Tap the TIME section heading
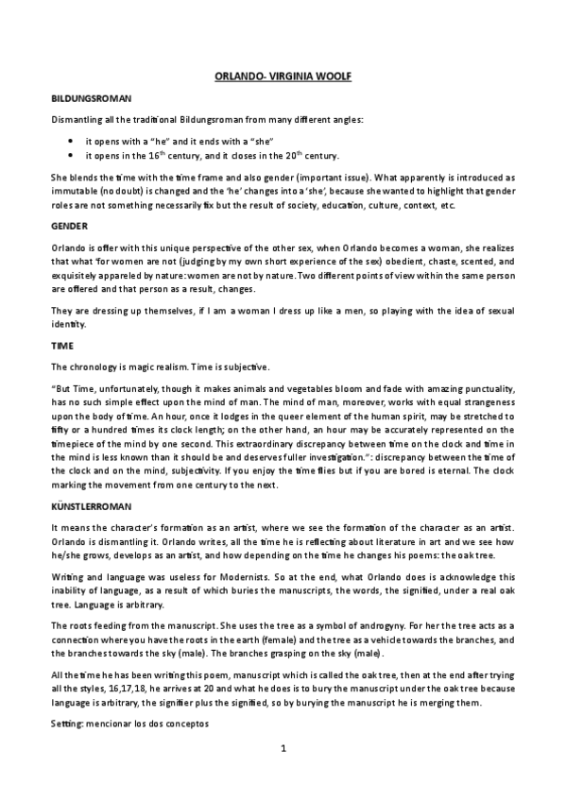(62, 346)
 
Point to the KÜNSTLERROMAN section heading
(93, 505)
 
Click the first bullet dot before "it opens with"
(71, 141)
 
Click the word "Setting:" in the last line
(67, 723)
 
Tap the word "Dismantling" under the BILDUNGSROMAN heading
(78, 119)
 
